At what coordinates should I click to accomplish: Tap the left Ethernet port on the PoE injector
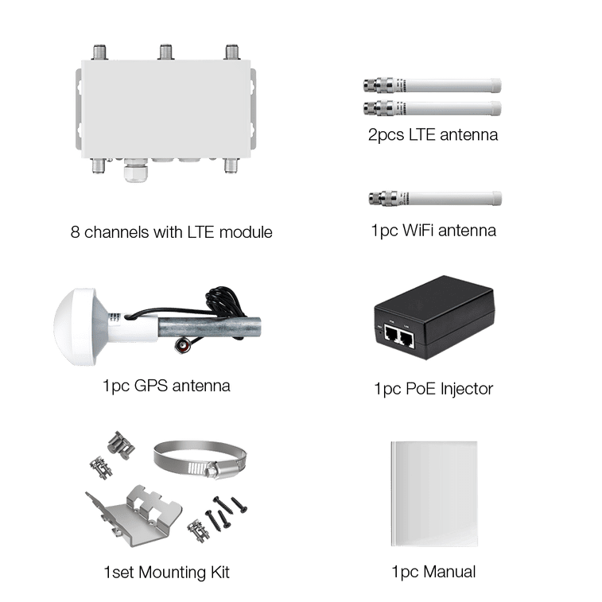(x=391, y=334)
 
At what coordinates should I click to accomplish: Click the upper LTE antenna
(x=433, y=85)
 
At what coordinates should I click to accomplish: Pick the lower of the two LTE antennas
(x=433, y=108)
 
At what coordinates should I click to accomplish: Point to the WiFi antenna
(x=435, y=198)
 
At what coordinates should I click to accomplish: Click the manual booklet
(x=434, y=494)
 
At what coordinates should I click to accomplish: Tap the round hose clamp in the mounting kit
(x=200, y=459)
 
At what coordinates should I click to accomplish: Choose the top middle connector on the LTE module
(x=166, y=52)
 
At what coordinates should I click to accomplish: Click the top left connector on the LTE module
(x=100, y=52)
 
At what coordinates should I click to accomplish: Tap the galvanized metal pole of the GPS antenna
(x=210, y=328)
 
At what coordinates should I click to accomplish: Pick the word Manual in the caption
(x=449, y=572)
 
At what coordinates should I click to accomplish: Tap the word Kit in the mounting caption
(x=219, y=572)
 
